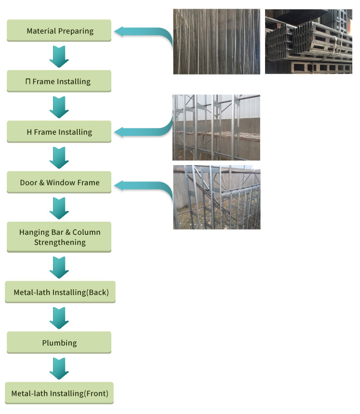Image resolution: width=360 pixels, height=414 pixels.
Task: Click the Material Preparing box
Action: click(x=59, y=31)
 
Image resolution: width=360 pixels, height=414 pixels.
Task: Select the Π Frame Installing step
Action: click(x=59, y=81)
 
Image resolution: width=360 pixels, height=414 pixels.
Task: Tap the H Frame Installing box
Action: click(x=59, y=132)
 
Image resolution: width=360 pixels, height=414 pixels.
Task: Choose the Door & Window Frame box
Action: click(x=59, y=183)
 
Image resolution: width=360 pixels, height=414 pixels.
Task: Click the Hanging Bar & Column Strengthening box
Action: click(x=59, y=237)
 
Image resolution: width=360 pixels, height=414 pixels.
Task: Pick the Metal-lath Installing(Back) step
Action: click(x=60, y=292)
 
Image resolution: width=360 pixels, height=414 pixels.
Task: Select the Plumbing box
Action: click(x=59, y=343)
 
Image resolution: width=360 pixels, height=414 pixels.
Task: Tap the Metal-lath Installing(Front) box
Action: click(x=60, y=393)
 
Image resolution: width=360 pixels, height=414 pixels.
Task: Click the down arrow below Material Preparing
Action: click(x=59, y=56)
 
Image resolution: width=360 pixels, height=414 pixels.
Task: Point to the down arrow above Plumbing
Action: click(x=59, y=318)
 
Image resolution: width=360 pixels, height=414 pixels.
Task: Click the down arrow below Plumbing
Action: click(x=59, y=368)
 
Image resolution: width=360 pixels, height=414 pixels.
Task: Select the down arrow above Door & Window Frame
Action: click(x=59, y=158)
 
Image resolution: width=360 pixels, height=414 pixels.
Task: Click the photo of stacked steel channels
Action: click(x=308, y=41)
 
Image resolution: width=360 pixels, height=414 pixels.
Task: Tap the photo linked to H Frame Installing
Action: click(x=216, y=127)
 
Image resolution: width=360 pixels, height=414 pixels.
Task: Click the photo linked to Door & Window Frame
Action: click(x=216, y=197)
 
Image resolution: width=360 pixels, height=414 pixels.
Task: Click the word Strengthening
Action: click(x=60, y=242)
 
